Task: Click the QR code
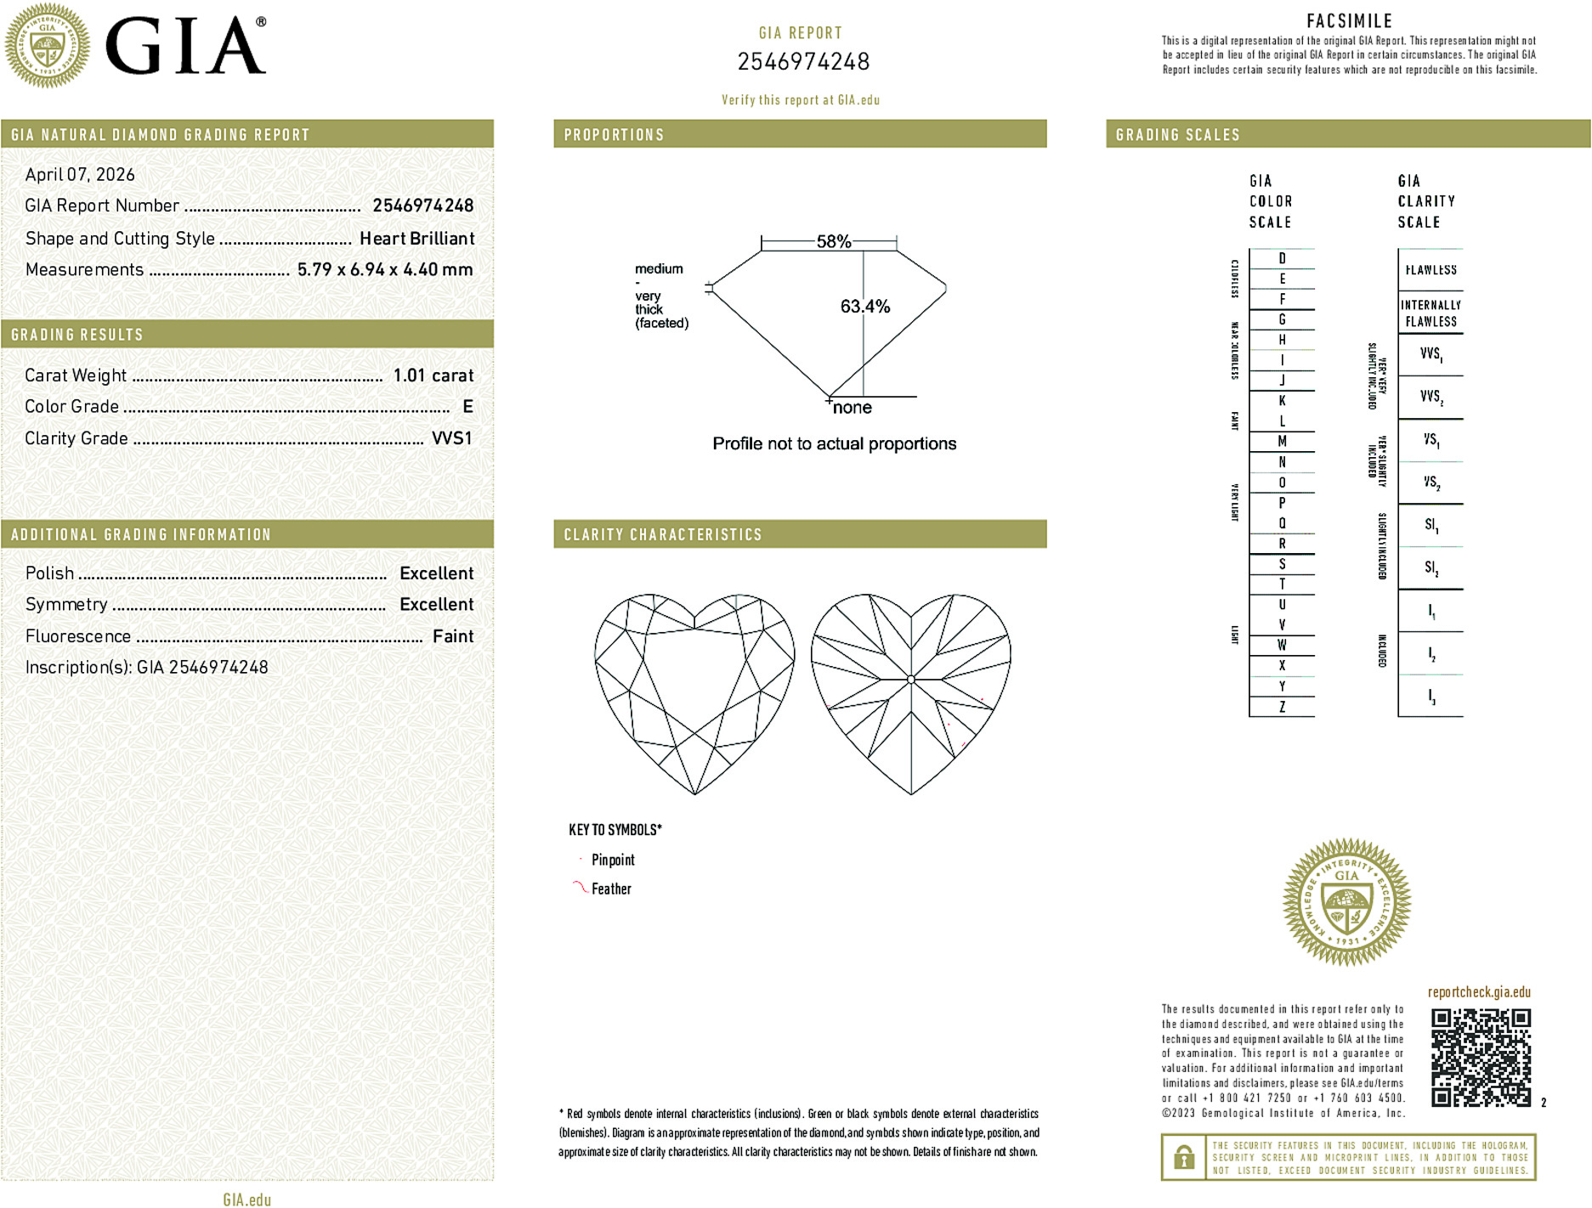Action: (1481, 1057)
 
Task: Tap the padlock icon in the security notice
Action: (1183, 1157)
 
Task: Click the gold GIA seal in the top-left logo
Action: (48, 45)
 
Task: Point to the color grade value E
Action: (467, 407)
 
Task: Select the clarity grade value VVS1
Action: (451, 438)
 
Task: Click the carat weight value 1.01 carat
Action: (433, 375)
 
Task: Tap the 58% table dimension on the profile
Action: (833, 241)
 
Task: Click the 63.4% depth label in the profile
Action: (865, 307)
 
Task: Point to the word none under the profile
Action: (853, 408)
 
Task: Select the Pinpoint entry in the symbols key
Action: (613, 860)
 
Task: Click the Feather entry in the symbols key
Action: (611, 889)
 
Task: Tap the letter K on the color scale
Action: (1282, 401)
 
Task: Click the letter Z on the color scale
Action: (1282, 707)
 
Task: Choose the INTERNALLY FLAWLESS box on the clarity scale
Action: (1431, 313)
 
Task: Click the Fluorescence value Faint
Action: (453, 636)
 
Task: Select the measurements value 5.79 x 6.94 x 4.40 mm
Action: (385, 270)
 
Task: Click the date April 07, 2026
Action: (80, 175)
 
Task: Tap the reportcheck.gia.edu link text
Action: (1479, 992)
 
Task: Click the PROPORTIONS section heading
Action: (614, 135)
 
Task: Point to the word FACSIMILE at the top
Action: (1349, 21)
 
